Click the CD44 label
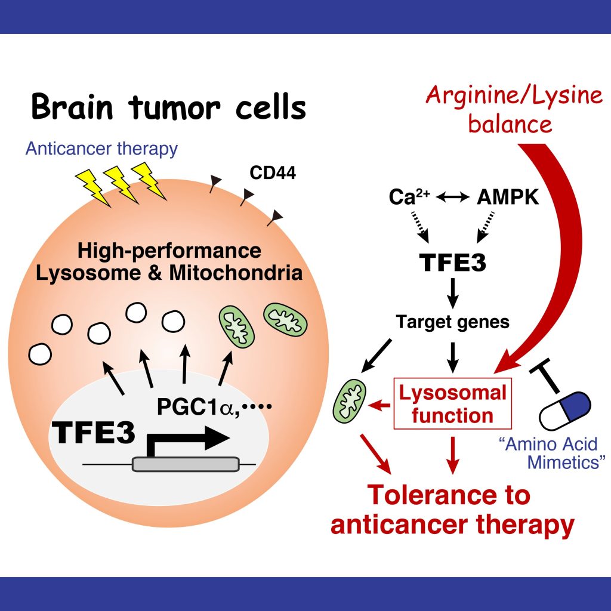coord(272,173)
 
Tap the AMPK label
coord(508,197)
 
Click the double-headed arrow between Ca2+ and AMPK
coord(453,197)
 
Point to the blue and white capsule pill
coord(565,411)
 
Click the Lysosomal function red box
coord(452,403)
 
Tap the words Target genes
coord(452,322)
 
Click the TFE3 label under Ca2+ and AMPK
coord(452,263)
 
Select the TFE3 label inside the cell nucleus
coord(93,432)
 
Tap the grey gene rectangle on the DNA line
coord(186,464)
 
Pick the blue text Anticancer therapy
coord(101,149)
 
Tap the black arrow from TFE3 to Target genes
coord(452,293)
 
